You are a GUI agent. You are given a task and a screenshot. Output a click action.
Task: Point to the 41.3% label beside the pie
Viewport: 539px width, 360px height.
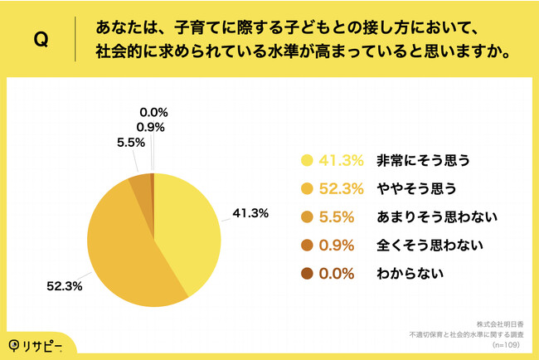[x=250, y=213]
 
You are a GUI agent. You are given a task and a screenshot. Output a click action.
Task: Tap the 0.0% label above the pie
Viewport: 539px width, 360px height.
[x=153, y=111]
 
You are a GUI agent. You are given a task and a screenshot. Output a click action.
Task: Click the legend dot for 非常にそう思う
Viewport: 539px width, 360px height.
[x=308, y=160]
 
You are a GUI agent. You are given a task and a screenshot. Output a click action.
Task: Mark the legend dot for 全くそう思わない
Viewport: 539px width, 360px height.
[x=308, y=245]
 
